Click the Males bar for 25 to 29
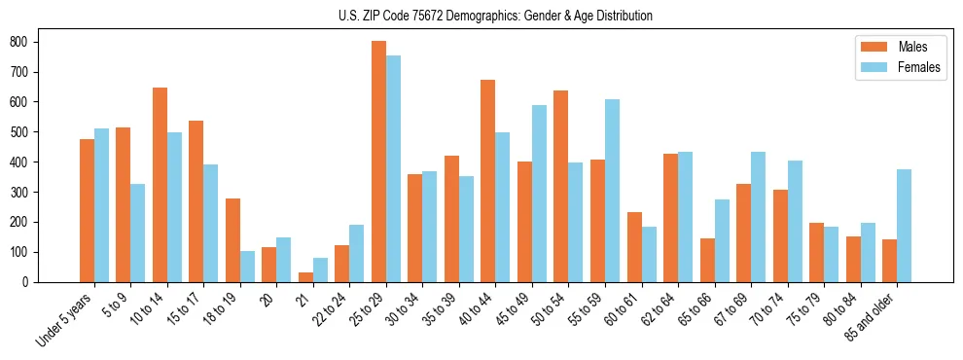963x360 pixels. [x=378, y=162]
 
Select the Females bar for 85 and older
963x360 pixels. [x=904, y=226]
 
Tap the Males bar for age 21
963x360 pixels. [x=305, y=277]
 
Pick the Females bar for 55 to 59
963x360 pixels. [x=612, y=191]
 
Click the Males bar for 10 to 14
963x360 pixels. [x=160, y=185]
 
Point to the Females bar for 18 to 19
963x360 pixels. [x=247, y=267]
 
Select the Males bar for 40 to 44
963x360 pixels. [x=488, y=181]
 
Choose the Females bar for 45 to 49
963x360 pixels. [x=539, y=194]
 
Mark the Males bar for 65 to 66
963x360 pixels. [x=707, y=260]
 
